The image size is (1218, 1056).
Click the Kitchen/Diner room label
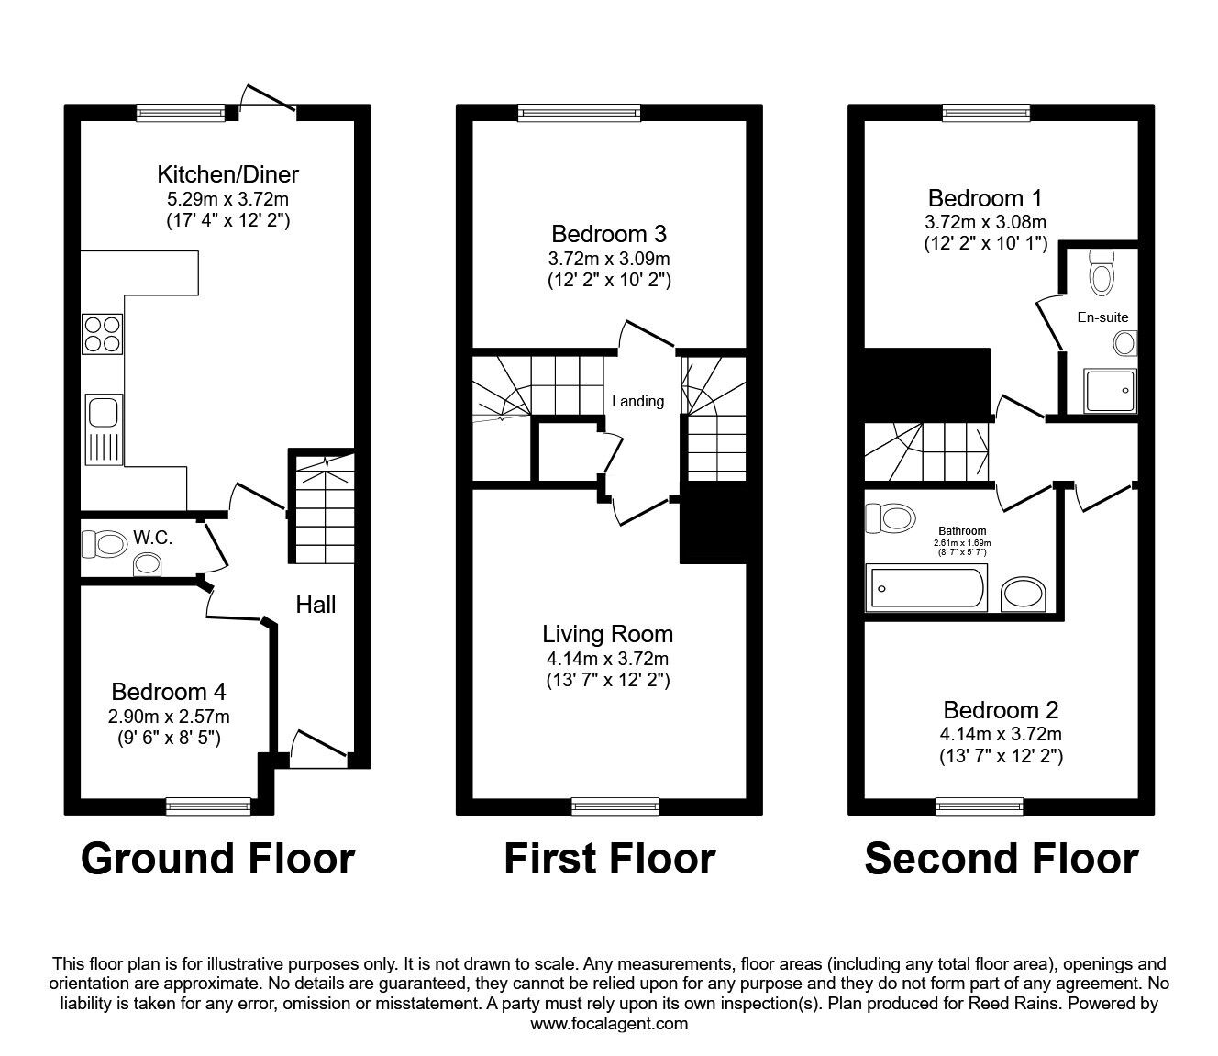pyautogui.click(x=227, y=173)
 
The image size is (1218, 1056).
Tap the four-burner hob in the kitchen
pyautogui.click(x=103, y=334)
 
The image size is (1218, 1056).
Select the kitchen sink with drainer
pyautogui.click(x=103, y=428)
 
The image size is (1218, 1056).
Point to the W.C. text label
pyautogui.click(x=153, y=538)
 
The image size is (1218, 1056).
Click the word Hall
pyautogui.click(x=316, y=604)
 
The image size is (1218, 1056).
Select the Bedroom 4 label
pyautogui.click(x=169, y=692)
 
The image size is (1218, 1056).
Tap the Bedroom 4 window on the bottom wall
pyautogui.click(x=208, y=806)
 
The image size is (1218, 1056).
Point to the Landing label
pyautogui.click(x=637, y=401)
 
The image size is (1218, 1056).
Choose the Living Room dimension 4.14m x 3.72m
pyautogui.click(x=608, y=659)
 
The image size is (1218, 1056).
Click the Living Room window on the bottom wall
pyautogui.click(x=615, y=806)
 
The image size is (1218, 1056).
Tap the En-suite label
pyautogui.click(x=1102, y=317)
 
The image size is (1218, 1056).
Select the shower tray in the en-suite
pyautogui.click(x=1110, y=391)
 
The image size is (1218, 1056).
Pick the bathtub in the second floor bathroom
pyautogui.click(x=926, y=590)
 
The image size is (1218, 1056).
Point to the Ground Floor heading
pyautogui.click(x=217, y=859)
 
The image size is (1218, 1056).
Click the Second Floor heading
pyautogui.click(x=1001, y=859)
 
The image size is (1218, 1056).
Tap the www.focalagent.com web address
pyautogui.click(x=609, y=1024)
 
